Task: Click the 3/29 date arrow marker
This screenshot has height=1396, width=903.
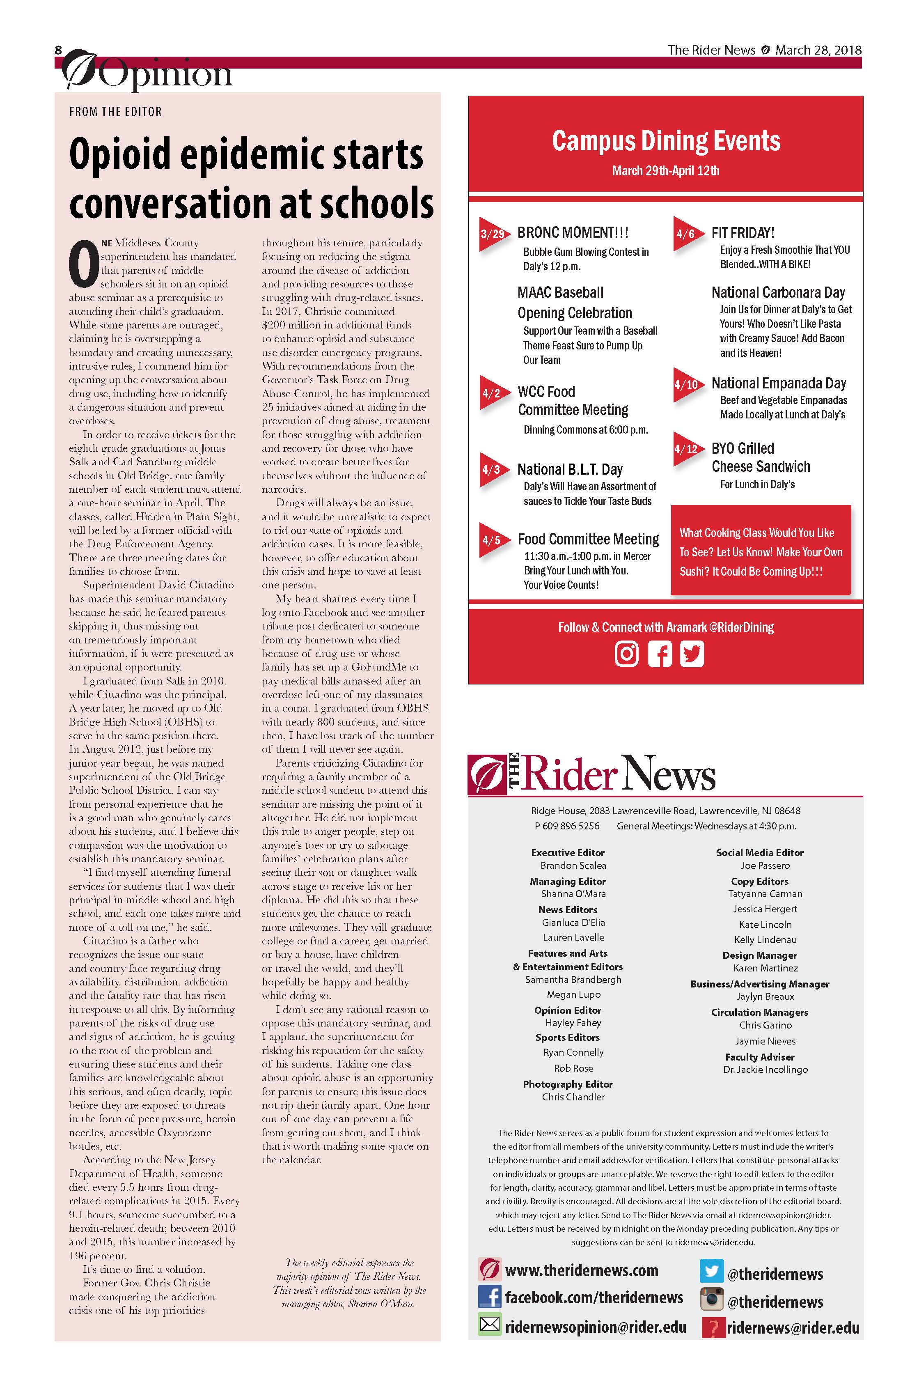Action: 491,234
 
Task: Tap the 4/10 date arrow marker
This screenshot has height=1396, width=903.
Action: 685,385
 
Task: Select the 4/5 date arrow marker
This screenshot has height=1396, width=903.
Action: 491,540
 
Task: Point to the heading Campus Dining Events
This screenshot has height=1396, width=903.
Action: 666,141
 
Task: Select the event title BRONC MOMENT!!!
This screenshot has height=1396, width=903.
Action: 573,233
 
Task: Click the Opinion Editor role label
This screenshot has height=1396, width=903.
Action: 568,1010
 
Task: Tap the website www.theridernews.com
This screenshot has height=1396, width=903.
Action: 581,1270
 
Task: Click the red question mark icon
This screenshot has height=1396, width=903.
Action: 713,1327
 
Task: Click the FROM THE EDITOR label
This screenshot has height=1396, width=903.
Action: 115,111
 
